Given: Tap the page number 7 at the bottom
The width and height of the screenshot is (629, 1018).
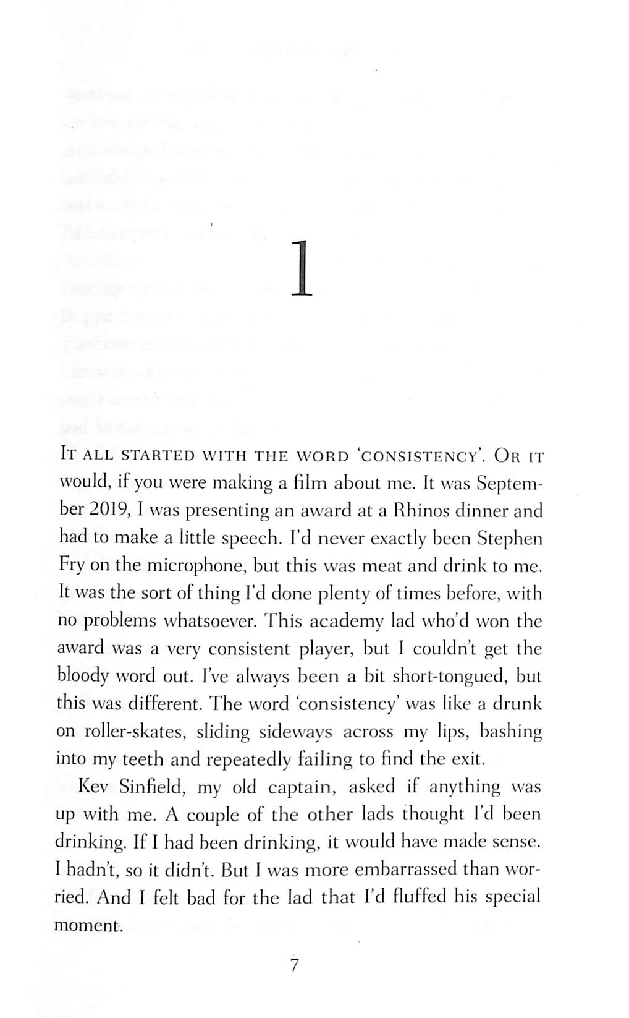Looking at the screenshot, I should (295, 964).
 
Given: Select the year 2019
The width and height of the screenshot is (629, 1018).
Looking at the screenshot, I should (109, 511).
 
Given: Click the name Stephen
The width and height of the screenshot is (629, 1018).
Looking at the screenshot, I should (510, 538).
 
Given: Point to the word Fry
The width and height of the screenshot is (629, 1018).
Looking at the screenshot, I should (71, 566).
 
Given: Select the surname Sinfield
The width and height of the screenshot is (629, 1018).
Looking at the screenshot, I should (151, 787).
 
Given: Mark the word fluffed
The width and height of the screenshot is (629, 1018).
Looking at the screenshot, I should (407, 897).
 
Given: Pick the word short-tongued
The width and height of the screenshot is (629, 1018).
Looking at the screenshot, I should (450, 676).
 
